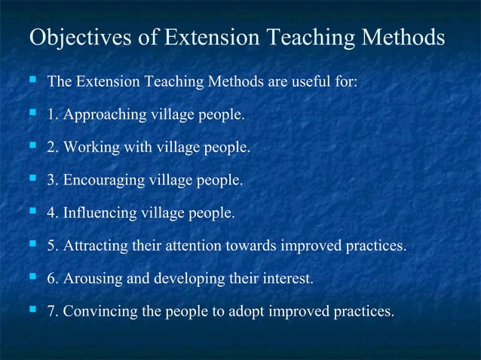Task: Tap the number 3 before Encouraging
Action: tap(51, 181)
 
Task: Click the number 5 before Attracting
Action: tap(51, 246)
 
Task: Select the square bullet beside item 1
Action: tap(32, 114)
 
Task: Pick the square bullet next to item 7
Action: tap(32, 311)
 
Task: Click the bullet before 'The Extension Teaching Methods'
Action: tap(32, 81)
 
